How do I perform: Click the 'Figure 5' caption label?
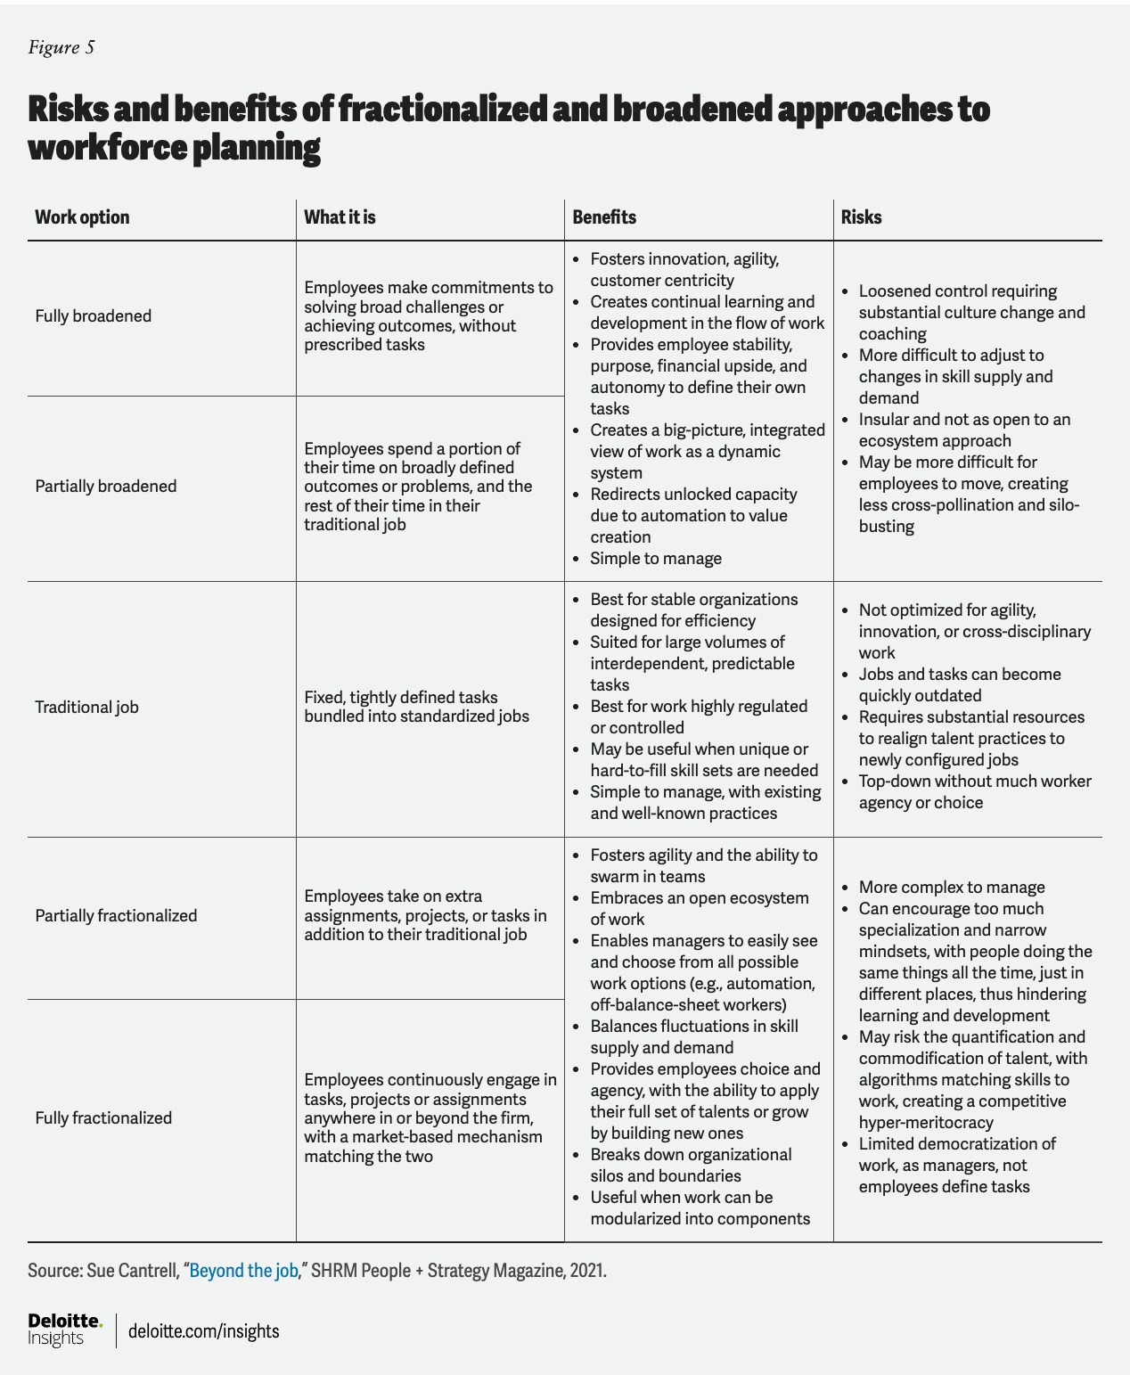pyautogui.click(x=61, y=47)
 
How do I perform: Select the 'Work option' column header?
pyautogui.click(x=82, y=217)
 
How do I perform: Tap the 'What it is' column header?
pyautogui.click(x=340, y=217)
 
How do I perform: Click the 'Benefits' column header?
pyautogui.click(x=604, y=217)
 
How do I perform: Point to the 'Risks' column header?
pyautogui.click(x=861, y=217)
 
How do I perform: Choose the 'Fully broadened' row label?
pyautogui.click(x=93, y=316)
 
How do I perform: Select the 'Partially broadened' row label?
pyautogui.click(x=105, y=487)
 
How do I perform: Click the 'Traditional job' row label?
pyautogui.click(x=86, y=708)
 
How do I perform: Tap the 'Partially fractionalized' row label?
pyautogui.click(x=116, y=916)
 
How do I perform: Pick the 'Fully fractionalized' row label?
pyautogui.click(x=103, y=1118)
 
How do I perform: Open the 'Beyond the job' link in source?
pyautogui.click(x=243, y=1271)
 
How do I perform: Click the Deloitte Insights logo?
pyautogui.click(x=64, y=1330)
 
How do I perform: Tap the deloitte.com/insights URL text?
pyautogui.click(x=204, y=1331)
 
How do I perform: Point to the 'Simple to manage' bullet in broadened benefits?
pyautogui.click(x=656, y=559)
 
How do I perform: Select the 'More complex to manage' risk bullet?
pyautogui.click(x=952, y=888)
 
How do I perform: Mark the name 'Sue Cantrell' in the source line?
pyautogui.click(x=132, y=1271)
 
